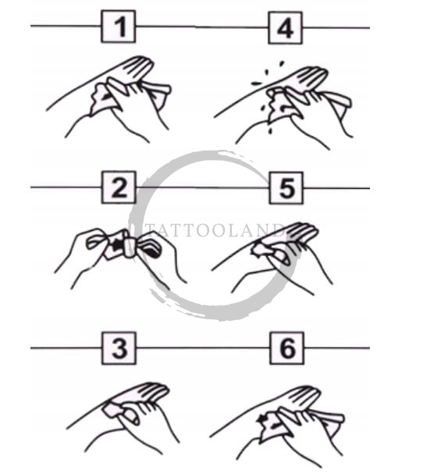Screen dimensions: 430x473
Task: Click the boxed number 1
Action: click(118, 27)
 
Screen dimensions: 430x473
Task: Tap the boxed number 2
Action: click(119, 187)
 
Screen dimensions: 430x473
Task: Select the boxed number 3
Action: click(119, 348)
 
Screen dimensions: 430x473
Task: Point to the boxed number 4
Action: click(286, 28)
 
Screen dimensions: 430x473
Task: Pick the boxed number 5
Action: click(286, 187)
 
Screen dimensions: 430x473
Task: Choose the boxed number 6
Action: click(286, 348)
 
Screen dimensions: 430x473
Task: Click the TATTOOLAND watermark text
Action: click(215, 230)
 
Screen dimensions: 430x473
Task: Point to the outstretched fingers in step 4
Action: click(311, 77)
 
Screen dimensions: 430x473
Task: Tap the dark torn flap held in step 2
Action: click(153, 250)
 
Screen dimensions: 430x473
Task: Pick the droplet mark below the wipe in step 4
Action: click(271, 130)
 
